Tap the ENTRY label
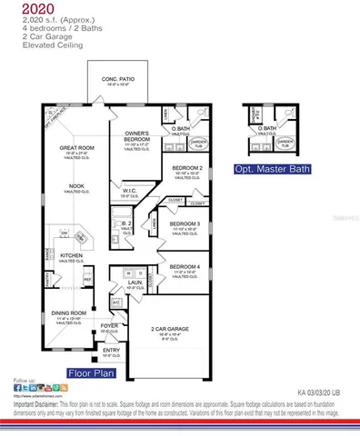point(111,350)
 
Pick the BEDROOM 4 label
point(185,266)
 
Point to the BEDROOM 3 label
point(185,223)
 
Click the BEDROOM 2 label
point(186,168)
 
